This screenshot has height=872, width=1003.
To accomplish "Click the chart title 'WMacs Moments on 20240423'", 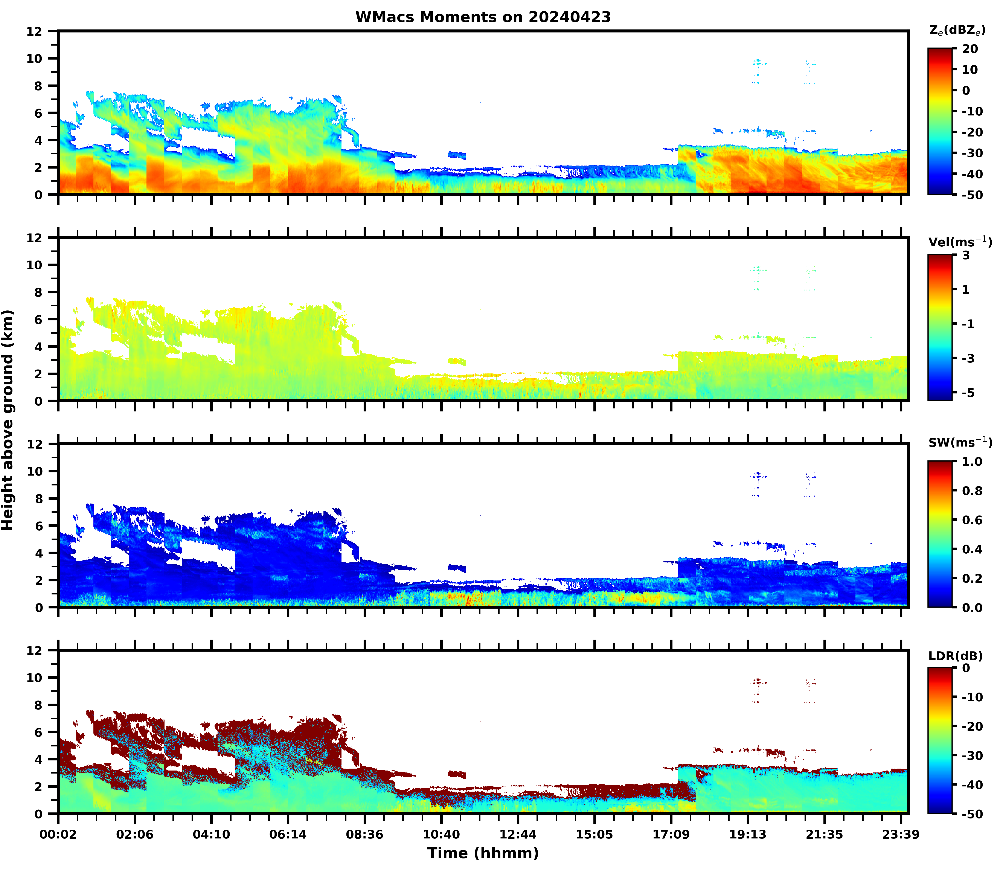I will [x=483, y=17].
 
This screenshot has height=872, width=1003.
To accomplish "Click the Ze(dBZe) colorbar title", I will [x=957, y=30].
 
